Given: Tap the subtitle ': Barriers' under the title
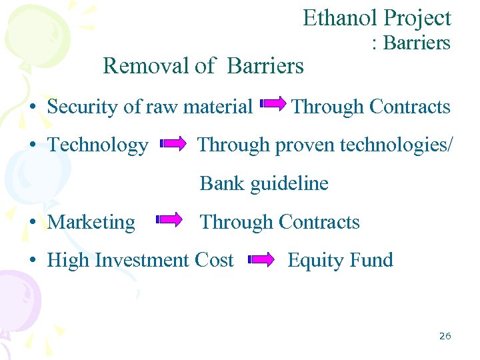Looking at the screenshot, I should [x=411, y=43].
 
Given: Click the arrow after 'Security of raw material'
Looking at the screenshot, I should [x=273, y=104].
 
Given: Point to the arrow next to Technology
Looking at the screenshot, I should [x=175, y=143].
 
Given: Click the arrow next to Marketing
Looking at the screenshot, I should [x=169, y=219].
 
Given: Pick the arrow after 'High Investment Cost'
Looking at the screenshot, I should [x=261, y=260].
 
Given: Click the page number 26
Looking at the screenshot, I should [x=445, y=336].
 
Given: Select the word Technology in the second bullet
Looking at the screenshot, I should [x=98, y=145].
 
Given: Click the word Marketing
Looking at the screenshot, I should [x=91, y=222].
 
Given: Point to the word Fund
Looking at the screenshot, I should [x=373, y=260].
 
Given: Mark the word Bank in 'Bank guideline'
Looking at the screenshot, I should [x=223, y=183].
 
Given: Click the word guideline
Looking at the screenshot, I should [x=290, y=183].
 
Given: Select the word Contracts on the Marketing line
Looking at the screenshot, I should [x=319, y=222].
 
